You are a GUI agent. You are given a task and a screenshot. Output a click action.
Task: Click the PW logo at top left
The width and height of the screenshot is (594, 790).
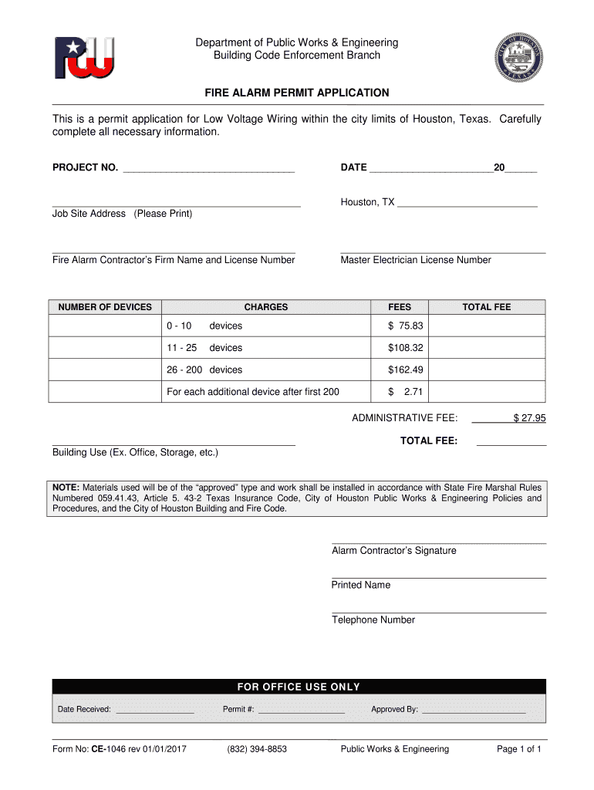point(84,57)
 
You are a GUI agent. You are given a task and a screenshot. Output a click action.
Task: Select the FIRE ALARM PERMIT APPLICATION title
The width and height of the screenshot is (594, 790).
point(296,93)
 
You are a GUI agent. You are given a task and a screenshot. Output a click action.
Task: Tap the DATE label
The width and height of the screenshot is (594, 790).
point(353,167)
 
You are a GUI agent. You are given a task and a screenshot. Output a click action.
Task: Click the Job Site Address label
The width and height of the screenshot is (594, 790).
point(122,214)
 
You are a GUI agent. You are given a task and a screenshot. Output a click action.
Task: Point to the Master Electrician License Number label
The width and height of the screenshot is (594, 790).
point(415,260)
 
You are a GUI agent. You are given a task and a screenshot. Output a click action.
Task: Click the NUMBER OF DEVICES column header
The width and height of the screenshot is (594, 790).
point(105,307)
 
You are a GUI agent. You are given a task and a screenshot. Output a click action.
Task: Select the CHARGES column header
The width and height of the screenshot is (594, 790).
point(265,307)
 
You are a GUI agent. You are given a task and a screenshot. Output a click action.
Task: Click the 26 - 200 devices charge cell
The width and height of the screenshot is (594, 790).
point(204,370)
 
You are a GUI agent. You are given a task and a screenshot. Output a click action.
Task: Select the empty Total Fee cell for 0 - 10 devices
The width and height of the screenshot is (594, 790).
point(486,326)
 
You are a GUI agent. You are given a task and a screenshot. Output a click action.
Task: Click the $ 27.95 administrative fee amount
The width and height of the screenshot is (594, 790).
point(529,418)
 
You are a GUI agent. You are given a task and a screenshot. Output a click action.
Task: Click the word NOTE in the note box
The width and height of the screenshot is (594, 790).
point(66,488)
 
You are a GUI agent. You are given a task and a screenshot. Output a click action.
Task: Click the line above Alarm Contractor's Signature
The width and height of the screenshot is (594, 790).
point(438,542)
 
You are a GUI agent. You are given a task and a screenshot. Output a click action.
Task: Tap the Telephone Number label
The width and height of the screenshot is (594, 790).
point(373,620)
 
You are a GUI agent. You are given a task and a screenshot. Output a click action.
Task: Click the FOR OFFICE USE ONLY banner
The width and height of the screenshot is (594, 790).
point(298,687)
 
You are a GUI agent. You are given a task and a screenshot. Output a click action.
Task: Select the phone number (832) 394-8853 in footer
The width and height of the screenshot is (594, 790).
point(257,749)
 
